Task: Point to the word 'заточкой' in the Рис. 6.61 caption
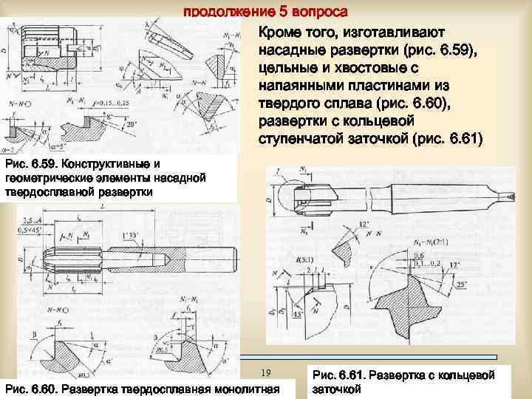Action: pos(336,388)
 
